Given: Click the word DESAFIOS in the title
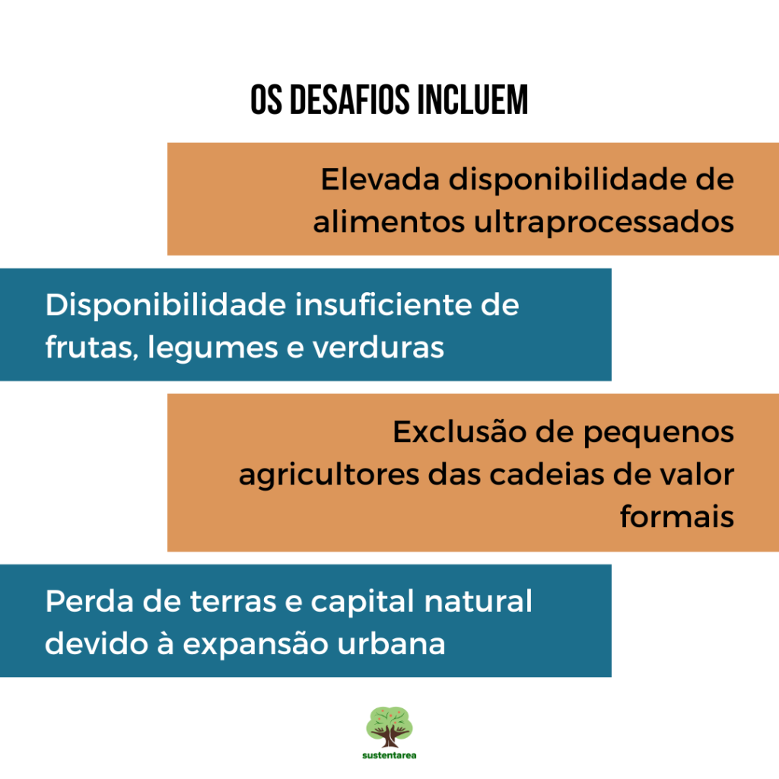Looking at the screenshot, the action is [350, 100].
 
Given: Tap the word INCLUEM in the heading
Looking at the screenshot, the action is [472, 100].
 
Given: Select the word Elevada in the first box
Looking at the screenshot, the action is [380, 179].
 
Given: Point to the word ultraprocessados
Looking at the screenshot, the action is [603, 222].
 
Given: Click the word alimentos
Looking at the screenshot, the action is [389, 221].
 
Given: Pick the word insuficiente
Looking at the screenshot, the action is [383, 304].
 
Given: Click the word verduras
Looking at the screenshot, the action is [378, 347].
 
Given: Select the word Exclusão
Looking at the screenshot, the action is [459, 431].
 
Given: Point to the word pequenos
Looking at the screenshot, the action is [658, 433].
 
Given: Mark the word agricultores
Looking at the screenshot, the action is [329, 475].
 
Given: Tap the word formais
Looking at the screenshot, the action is [677, 517].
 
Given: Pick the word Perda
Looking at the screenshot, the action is [90, 601].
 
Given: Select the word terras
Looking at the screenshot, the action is [233, 602].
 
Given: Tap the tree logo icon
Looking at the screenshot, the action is [389, 727].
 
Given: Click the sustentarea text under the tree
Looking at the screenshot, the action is [389, 755].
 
